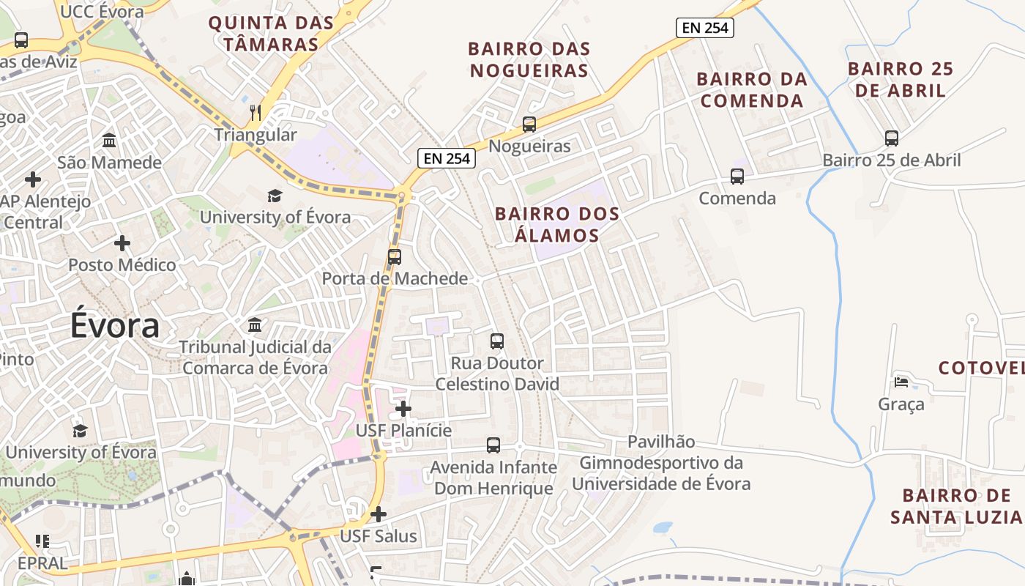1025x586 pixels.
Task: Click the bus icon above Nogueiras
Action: click(x=529, y=125)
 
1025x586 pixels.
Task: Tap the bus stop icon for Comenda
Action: click(x=737, y=177)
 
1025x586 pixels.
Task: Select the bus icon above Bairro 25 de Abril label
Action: click(x=892, y=138)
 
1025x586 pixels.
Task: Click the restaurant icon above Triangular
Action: click(x=256, y=112)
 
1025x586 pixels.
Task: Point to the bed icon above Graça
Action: click(x=901, y=382)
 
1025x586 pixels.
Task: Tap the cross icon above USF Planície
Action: click(x=403, y=409)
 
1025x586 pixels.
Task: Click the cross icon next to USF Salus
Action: click(x=379, y=514)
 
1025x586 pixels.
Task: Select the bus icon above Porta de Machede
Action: click(x=395, y=257)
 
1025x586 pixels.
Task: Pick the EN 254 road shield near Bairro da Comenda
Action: click(x=704, y=28)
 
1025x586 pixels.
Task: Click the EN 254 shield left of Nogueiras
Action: click(x=447, y=157)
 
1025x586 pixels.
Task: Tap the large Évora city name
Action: click(x=115, y=325)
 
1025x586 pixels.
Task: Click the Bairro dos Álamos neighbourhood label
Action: click(x=557, y=225)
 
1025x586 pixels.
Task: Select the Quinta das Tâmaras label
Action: click(x=271, y=33)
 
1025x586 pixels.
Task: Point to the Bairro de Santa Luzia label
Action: click(x=955, y=506)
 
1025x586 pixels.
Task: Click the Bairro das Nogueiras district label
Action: click(x=529, y=59)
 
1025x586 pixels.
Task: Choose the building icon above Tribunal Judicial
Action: click(x=255, y=324)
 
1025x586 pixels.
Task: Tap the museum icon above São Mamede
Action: click(x=109, y=140)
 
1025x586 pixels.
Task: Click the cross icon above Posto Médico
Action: click(x=122, y=242)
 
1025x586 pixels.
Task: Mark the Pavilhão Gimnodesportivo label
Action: click(x=661, y=463)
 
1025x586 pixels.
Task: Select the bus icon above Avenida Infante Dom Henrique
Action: click(x=493, y=445)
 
